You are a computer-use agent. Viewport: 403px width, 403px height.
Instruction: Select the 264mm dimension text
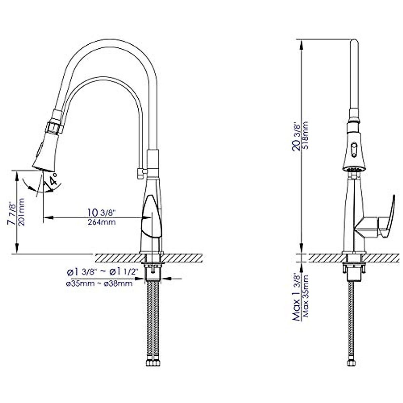pyautogui.click(x=101, y=222)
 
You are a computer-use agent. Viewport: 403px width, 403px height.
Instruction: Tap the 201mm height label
pyautogui.click(x=21, y=212)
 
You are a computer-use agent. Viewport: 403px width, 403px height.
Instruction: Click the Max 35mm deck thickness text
pyautogui.click(x=305, y=298)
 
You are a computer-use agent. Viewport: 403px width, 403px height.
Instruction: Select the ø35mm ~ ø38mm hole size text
pyautogui.click(x=99, y=284)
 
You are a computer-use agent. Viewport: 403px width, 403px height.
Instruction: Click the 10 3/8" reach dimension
pyautogui.click(x=101, y=213)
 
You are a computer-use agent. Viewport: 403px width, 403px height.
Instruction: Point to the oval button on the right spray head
pyautogui.click(x=353, y=148)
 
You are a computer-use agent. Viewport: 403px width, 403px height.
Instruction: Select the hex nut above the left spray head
pyautogui.click(x=54, y=128)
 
